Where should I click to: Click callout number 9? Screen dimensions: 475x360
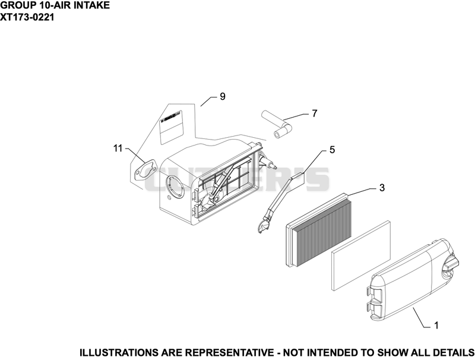pyautogui.click(x=223, y=97)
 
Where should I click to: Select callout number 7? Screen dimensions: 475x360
pyautogui.click(x=315, y=113)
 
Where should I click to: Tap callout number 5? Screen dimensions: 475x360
pyautogui.click(x=332, y=150)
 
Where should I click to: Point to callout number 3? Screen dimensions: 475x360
pyautogui.click(x=382, y=188)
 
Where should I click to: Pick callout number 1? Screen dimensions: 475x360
pyautogui.click(x=436, y=326)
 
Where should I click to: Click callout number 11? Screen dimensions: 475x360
pyautogui.click(x=118, y=149)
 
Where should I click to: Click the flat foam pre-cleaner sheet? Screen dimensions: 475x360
pyautogui.click(x=361, y=256)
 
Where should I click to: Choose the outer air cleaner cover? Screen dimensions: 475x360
pyautogui.click(x=412, y=278)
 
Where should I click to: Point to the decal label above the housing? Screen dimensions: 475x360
pyautogui.click(x=171, y=127)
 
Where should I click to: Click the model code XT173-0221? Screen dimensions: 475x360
pyautogui.click(x=27, y=17)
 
